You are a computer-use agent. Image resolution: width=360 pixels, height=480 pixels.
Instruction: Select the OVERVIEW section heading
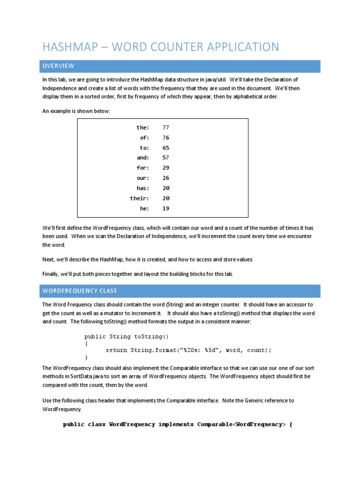pyautogui.click(x=58, y=66)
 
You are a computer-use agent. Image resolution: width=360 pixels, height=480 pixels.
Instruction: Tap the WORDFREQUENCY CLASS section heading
pyautogui.click(x=80, y=291)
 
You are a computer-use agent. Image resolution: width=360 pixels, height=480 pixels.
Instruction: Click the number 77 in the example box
pyautogui.click(x=166, y=127)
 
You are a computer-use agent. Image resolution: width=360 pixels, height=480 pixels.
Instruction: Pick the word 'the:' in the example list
pyautogui.click(x=142, y=127)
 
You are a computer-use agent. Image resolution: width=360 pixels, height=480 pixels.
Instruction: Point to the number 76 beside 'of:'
pyautogui.click(x=166, y=138)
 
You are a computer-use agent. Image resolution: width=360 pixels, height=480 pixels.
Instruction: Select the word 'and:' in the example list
pyautogui.click(x=142, y=158)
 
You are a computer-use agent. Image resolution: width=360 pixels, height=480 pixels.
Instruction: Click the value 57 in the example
pyautogui.click(x=166, y=158)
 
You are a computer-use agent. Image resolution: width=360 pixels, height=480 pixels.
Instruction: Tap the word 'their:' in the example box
pyautogui.click(x=139, y=198)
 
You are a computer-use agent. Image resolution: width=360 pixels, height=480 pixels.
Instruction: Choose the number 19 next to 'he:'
pyautogui.click(x=166, y=209)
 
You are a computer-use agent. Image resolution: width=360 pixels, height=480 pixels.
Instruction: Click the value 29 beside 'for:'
pyautogui.click(x=166, y=168)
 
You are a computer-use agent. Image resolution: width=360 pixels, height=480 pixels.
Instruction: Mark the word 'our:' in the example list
pyautogui.click(x=142, y=178)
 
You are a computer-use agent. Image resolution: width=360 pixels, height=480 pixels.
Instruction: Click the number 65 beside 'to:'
pyautogui.click(x=166, y=148)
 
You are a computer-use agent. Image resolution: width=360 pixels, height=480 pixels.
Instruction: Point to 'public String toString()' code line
pyautogui.click(x=126, y=337)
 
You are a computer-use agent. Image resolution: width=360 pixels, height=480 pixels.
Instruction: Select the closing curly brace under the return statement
pyautogui.click(x=86, y=358)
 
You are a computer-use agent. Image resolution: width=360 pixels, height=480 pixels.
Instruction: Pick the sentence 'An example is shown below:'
pyautogui.click(x=76, y=111)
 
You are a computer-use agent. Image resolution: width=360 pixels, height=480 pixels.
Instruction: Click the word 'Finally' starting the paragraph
pyautogui.click(x=51, y=274)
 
